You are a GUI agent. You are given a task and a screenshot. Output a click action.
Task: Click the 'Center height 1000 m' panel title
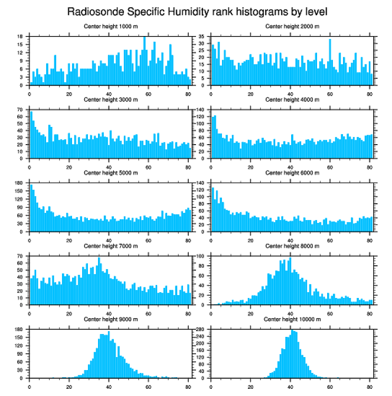click(110, 26)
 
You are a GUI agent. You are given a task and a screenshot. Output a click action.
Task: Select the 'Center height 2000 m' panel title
click(292, 26)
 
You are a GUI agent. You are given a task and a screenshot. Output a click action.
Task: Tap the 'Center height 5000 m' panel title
click(110, 173)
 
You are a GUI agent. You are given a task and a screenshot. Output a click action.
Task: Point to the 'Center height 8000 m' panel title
click(292, 246)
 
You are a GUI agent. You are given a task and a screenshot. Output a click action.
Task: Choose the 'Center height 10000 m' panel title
click(292, 319)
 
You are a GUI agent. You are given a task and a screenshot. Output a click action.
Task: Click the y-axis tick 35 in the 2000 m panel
click(202, 37)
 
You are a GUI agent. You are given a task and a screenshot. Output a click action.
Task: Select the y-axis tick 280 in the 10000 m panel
click(200, 329)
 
